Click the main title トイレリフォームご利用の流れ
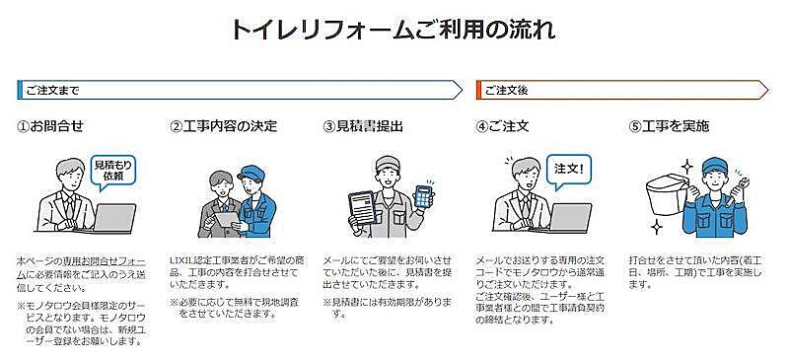[394, 31]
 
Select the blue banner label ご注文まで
[53, 91]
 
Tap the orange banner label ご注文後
[506, 91]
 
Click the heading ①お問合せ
[50, 126]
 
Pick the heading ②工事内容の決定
[224, 126]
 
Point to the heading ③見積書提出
[363, 126]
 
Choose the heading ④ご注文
[502, 126]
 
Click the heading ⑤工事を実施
[670, 126]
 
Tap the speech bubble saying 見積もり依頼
[112, 173]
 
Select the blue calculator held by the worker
[423, 196]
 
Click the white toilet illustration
[666, 194]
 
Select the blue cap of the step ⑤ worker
[716, 165]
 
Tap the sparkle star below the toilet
[656, 228]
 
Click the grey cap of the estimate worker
[388, 163]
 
